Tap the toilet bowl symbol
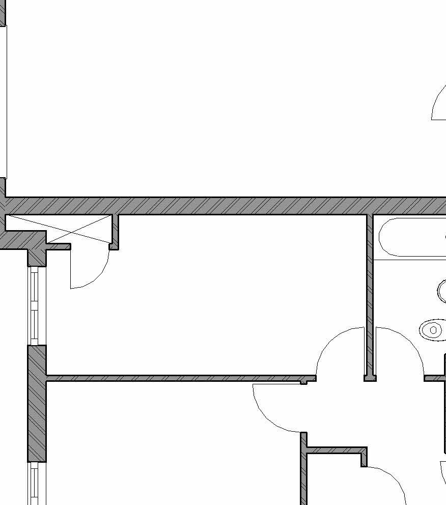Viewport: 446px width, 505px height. (433, 330)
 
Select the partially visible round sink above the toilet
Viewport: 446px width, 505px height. (441, 291)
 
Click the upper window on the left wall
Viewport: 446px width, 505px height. (34, 305)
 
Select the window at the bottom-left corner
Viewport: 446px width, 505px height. (34, 484)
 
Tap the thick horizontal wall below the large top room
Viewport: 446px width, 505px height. (229, 206)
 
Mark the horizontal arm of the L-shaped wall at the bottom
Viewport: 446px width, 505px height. (336, 451)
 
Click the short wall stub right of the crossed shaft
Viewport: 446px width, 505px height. (115, 232)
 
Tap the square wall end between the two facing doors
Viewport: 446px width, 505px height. (370, 378)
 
